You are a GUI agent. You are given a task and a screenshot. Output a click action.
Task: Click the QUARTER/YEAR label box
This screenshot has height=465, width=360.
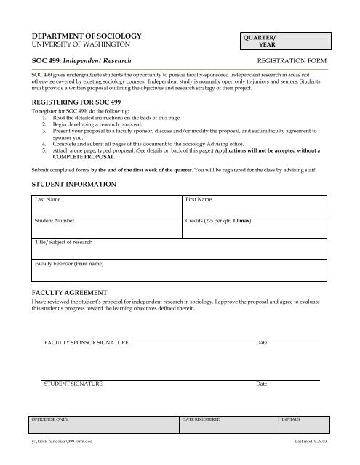tap(261, 39)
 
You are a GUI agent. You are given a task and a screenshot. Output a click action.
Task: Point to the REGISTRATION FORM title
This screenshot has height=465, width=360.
tap(297, 62)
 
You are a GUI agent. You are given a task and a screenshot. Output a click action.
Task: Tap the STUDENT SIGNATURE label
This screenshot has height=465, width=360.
tap(73, 383)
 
